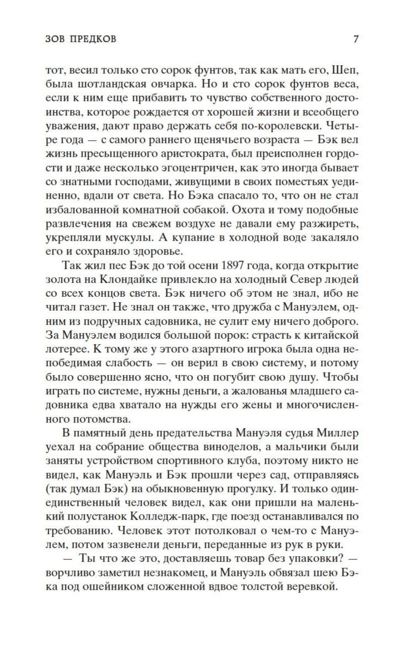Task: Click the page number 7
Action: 356,39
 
